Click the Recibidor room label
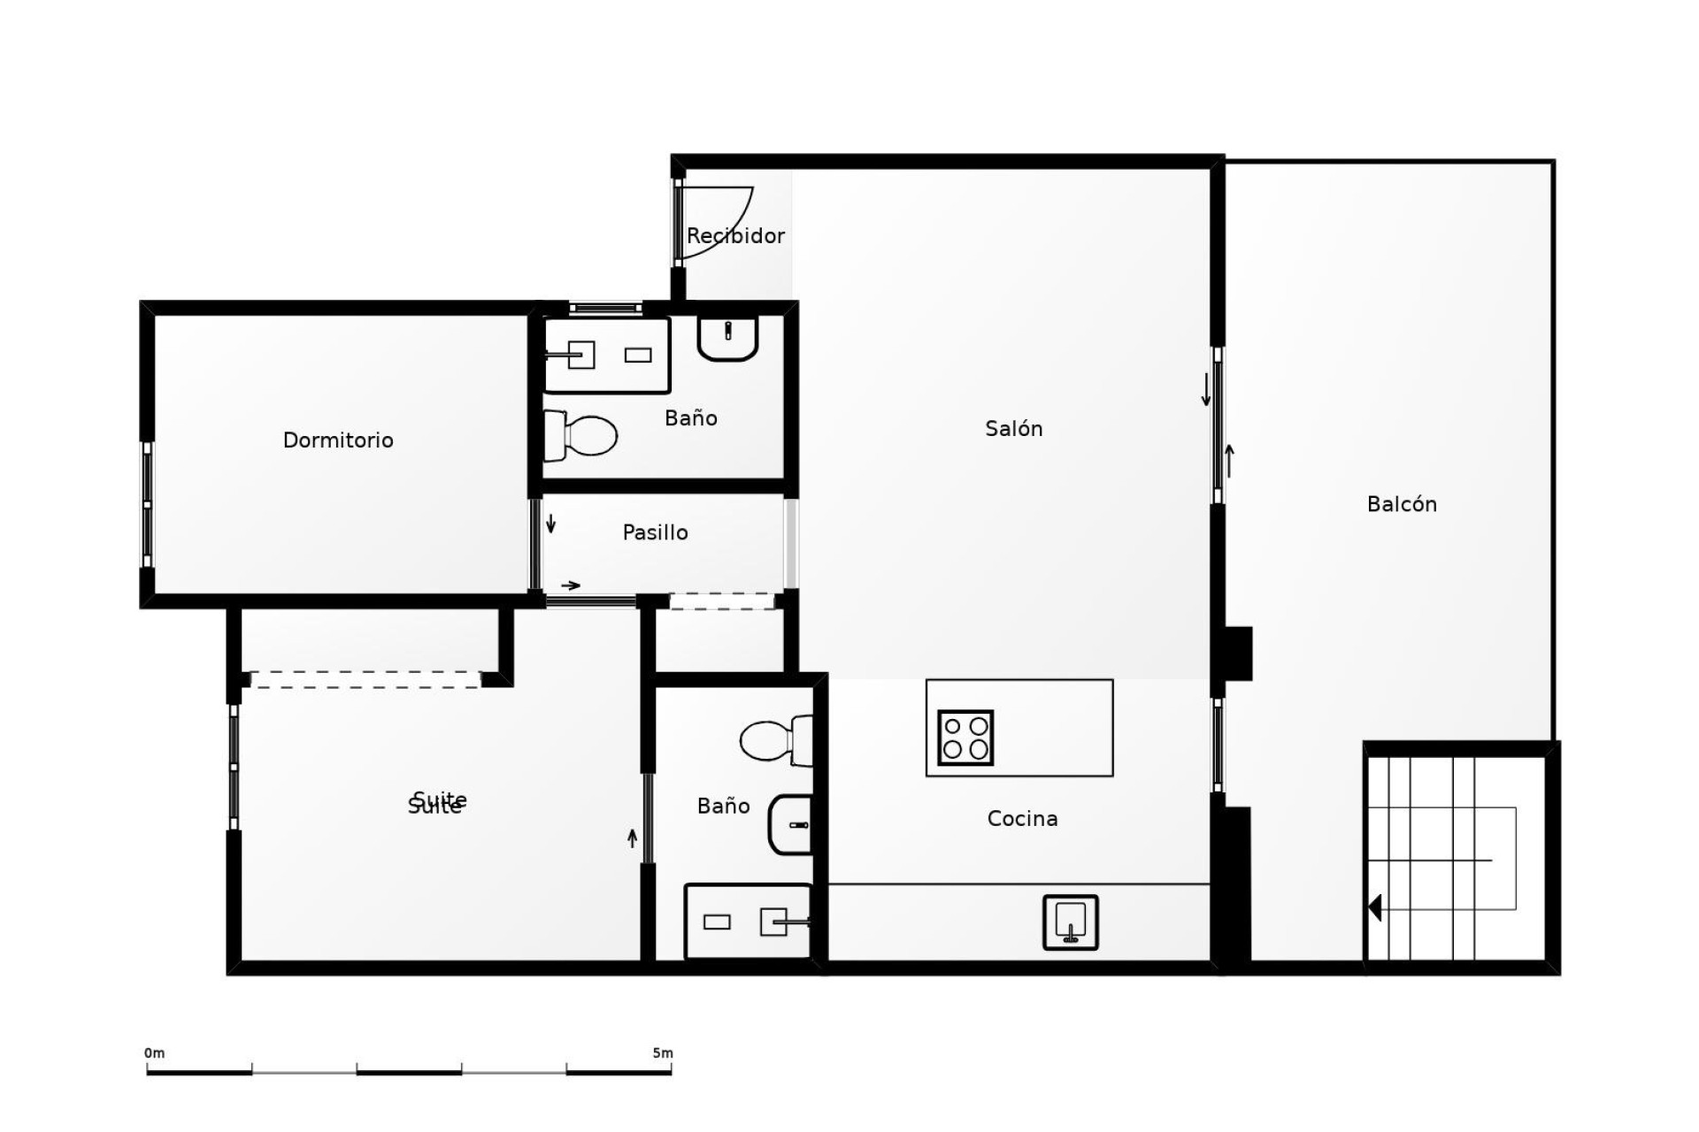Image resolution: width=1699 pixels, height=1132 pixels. [x=735, y=236]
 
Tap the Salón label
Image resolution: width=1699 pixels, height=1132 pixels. [x=1013, y=429]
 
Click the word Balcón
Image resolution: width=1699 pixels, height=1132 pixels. [x=1401, y=505]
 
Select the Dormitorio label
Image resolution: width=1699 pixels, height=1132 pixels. [x=338, y=440]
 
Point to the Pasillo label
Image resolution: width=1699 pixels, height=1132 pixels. [x=655, y=532]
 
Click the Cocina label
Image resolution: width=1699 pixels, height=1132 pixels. [x=1022, y=819]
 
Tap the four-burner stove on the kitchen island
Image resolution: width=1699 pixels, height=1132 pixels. [x=965, y=738]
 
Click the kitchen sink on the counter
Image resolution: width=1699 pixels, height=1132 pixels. [x=1070, y=922]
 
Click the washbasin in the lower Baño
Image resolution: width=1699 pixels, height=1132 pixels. [x=790, y=824]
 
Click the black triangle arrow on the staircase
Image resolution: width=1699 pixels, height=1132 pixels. [x=1374, y=907]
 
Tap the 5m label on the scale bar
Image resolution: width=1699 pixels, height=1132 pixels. [x=662, y=1053]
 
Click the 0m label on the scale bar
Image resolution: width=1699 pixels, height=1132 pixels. [x=154, y=1053]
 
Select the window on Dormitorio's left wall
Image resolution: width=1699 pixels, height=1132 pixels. [x=147, y=504]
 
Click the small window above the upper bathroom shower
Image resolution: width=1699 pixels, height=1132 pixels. [x=605, y=308]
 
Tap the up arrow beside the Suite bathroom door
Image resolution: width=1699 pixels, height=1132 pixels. [x=632, y=838]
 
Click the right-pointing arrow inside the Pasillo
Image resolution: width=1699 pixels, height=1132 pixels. [x=571, y=585]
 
